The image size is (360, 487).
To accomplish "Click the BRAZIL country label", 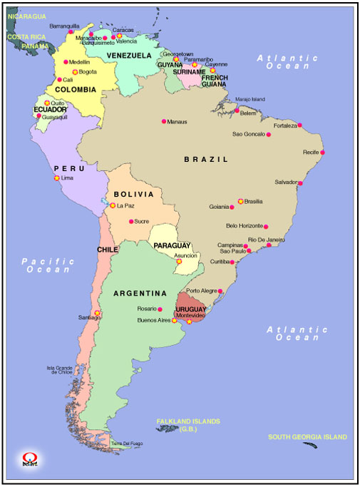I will pyautogui.click(x=206, y=160).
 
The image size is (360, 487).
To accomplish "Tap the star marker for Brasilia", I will pyautogui.click(x=240, y=201).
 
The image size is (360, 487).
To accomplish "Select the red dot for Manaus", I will pyautogui.click(x=164, y=121).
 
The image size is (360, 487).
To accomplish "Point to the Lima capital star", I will pyautogui.click(x=57, y=178).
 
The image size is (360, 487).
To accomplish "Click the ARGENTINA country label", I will pyautogui.click(x=140, y=293).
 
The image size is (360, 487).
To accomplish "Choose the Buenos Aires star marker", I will pyautogui.click(x=174, y=321).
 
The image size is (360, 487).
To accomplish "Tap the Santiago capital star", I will pyautogui.click(x=98, y=314).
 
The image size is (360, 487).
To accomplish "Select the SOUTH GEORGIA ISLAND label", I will pyautogui.click(x=307, y=436).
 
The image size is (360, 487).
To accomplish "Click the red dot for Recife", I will pyautogui.click(x=322, y=152).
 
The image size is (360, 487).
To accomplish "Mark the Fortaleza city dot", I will pyautogui.click(x=299, y=125).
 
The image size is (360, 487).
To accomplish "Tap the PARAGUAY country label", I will pyautogui.click(x=171, y=245).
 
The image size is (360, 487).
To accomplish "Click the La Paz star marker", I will pyautogui.click(x=112, y=205).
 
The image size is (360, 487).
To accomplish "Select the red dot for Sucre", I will pyautogui.click(x=130, y=221).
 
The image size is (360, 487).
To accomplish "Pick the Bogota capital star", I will pyautogui.click(x=75, y=72).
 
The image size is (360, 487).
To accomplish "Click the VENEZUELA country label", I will pyautogui.click(x=129, y=55).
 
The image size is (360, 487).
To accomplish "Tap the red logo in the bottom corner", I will pyautogui.click(x=29, y=459).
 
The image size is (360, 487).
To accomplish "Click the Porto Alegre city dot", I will pyautogui.click(x=220, y=291).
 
